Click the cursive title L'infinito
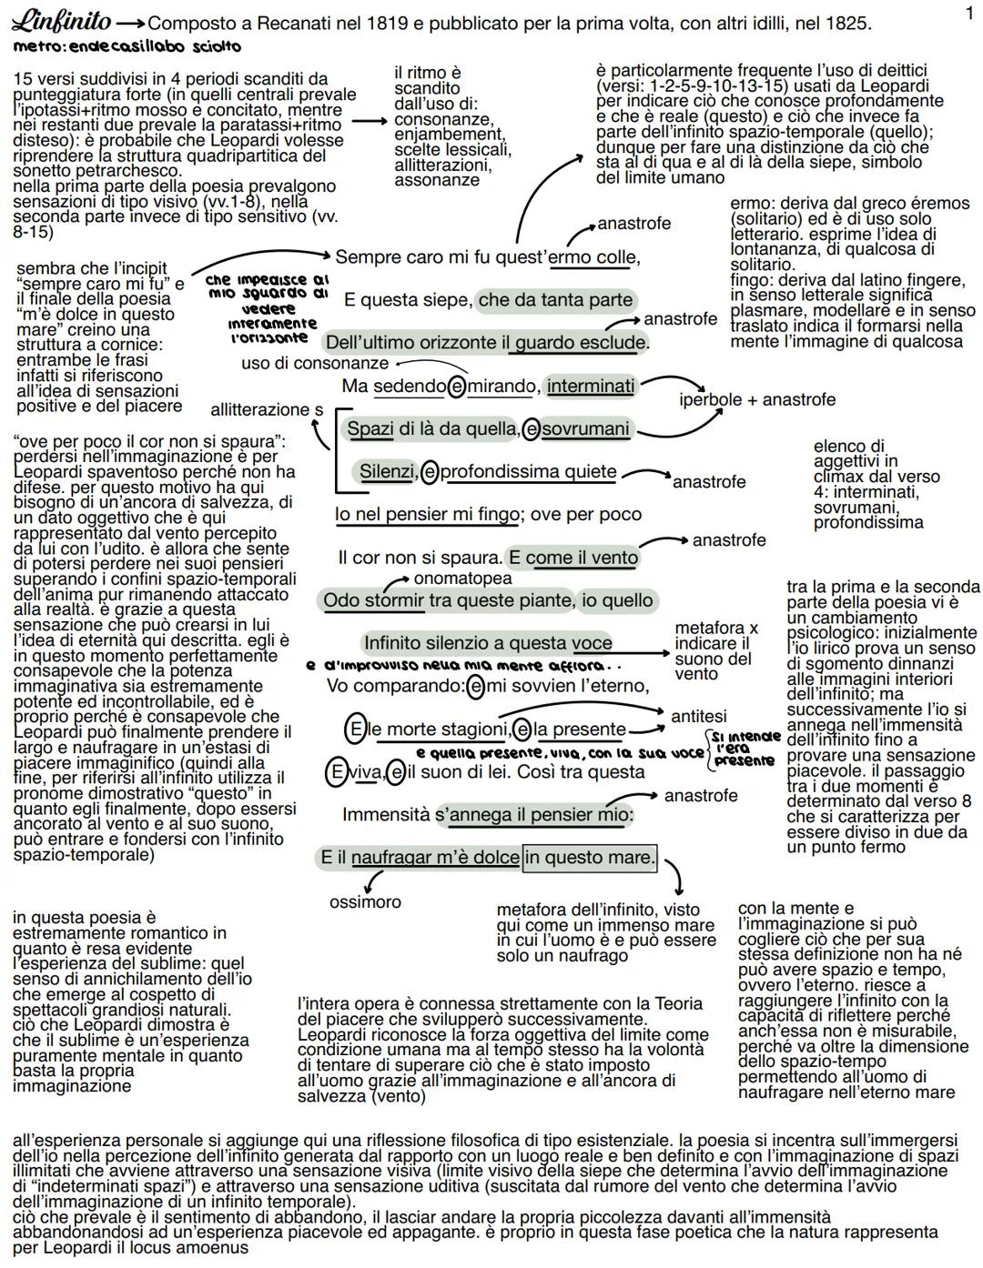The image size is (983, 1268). (61, 22)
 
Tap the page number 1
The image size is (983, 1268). (969, 14)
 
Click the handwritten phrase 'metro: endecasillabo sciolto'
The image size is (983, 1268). (127, 46)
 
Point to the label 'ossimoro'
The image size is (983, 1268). (365, 901)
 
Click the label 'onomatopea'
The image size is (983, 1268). (463, 579)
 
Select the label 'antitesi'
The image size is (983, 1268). (699, 716)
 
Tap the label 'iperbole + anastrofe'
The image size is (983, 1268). (757, 399)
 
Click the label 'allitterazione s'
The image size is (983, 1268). (267, 409)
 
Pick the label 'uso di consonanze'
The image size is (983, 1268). (315, 363)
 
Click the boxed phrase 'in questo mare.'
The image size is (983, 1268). (590, 857)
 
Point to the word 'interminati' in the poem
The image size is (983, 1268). (591, 386)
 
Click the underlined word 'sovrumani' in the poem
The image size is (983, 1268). (585, 429)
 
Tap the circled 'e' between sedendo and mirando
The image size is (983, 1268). (457, 387)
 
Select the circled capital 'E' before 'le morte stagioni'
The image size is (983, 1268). (354, 730)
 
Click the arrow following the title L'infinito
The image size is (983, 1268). (130, 24)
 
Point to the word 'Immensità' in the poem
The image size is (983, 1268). (386, 815)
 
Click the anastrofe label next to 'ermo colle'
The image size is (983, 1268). (633, 224)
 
